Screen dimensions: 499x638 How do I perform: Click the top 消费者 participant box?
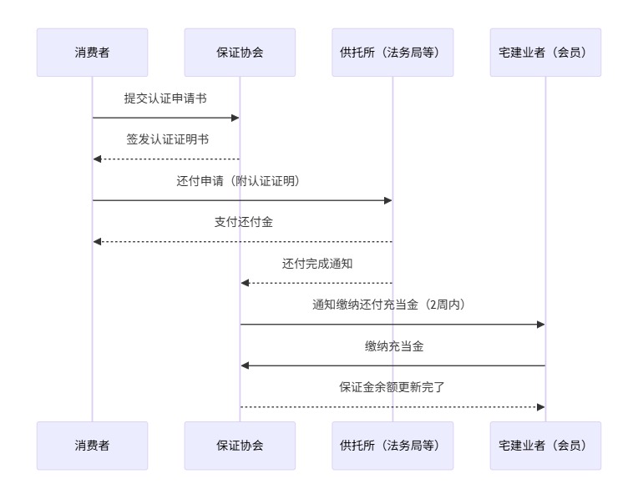[x=92, y=53]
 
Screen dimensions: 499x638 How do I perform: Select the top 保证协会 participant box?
[x=240, y=53]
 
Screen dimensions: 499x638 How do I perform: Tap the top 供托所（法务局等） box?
[x=392, y=53]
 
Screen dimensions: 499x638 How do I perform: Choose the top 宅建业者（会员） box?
[x=545, y=53]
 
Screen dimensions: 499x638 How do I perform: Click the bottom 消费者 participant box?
[x=92, y=446]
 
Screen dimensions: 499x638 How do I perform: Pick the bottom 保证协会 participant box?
[x=240, y=446]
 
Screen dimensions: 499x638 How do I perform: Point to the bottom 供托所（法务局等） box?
[x=392, y=446]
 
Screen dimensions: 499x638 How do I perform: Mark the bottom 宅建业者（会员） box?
[x=545, y=446]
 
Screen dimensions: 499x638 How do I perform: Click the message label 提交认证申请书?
[x=165, y=98]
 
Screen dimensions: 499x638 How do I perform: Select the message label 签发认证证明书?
[x=165, y=139]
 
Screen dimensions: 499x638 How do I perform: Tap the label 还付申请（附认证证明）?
[x=241, y=181]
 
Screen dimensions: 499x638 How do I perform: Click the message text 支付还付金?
[x=241, y=222]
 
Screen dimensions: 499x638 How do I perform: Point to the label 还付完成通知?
[x=316, y=264]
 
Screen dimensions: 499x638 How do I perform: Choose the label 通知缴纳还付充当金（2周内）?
[x=392, y=305]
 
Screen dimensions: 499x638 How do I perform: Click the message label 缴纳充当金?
[x=392, y=346]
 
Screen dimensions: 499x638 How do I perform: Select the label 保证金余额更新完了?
[x=392, y=387]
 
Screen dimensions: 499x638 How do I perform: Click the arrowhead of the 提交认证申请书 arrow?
[x=235, y=118]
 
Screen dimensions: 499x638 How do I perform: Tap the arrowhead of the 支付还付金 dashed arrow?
[x=98, y=241]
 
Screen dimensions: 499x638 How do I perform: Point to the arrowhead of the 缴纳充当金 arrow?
[x=246, y=365]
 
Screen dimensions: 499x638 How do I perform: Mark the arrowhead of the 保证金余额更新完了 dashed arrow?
[x=540, y=406]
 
